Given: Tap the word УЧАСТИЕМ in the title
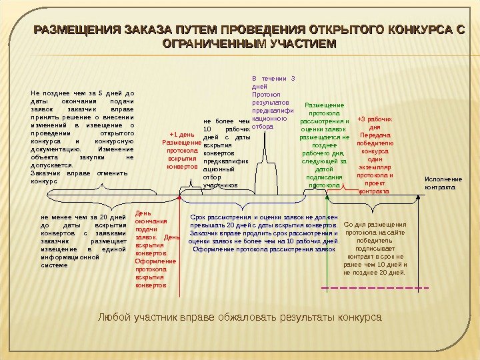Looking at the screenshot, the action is tap(301, 45).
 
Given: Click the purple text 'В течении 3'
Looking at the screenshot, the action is tap(274, 79).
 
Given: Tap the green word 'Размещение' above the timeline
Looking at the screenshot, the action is tap(324, 105).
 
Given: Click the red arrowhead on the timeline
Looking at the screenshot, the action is tap(179, 197).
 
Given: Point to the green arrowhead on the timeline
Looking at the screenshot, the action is tap(326, 197).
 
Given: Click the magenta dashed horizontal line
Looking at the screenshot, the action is tap(373, 288).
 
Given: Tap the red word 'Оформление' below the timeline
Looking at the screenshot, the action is tap(151, 261).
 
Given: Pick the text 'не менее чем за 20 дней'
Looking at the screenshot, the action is tap(83, 217).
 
